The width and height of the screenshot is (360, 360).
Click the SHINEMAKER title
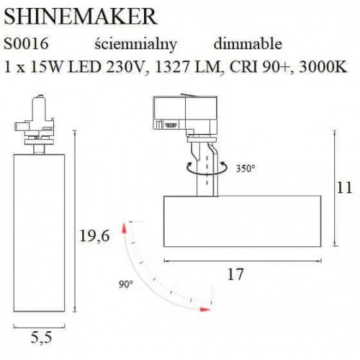click(x=71, y=14)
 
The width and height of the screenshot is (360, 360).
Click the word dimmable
click(x=248, y=45)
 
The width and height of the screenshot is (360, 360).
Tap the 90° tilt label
click(x=127, y=284)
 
